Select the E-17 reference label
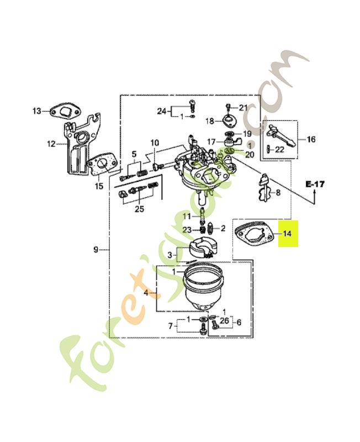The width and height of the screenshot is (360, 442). [315, 183]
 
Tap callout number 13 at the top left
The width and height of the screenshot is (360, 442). [36, 111]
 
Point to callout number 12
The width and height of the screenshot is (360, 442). [51, 144]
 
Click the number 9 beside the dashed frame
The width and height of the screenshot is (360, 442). [96, 250]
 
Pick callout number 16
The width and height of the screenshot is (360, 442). [311, 139]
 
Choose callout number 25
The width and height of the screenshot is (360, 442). [139, 208]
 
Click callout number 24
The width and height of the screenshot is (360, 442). [161, 111]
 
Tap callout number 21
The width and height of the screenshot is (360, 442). [243, 107]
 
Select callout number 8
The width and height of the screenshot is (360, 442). [278, 193]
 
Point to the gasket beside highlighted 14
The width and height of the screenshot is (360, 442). [257, 233]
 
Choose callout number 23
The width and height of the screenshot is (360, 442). [187, 229]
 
